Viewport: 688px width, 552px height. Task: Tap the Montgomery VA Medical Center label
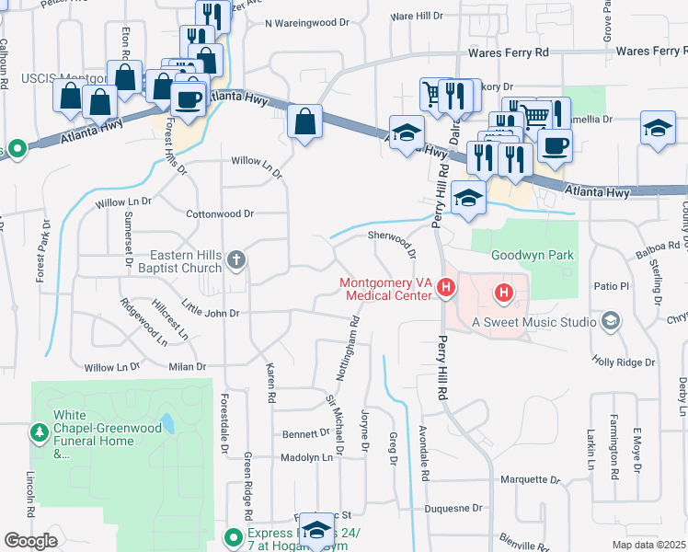[x=385, y=289]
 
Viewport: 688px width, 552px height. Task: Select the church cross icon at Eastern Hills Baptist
[x=236, y=260]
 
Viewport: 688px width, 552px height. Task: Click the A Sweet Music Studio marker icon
[x=610, y=321]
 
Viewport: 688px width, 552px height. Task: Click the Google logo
[x=30, y=541]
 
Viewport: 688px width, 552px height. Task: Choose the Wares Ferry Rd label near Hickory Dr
[x=509, y=53]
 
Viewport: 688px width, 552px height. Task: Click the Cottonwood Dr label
[x=220, y=213]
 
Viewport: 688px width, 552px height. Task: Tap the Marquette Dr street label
[x=530, y=479]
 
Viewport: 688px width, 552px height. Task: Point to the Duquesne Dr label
[x=453, y=508]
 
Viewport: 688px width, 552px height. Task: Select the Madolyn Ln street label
[x=305, y=457]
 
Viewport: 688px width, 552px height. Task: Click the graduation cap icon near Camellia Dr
[x=658, y=129]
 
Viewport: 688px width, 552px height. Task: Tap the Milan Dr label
[x=187, y=367]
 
